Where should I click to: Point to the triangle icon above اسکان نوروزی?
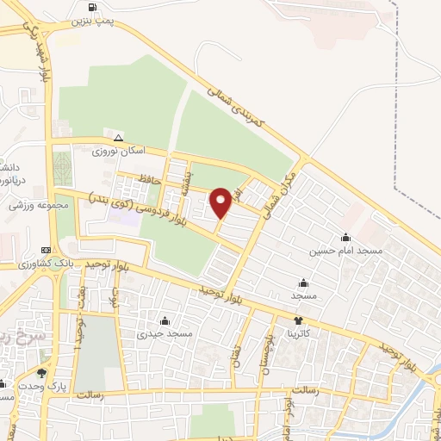coord(119,138)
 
